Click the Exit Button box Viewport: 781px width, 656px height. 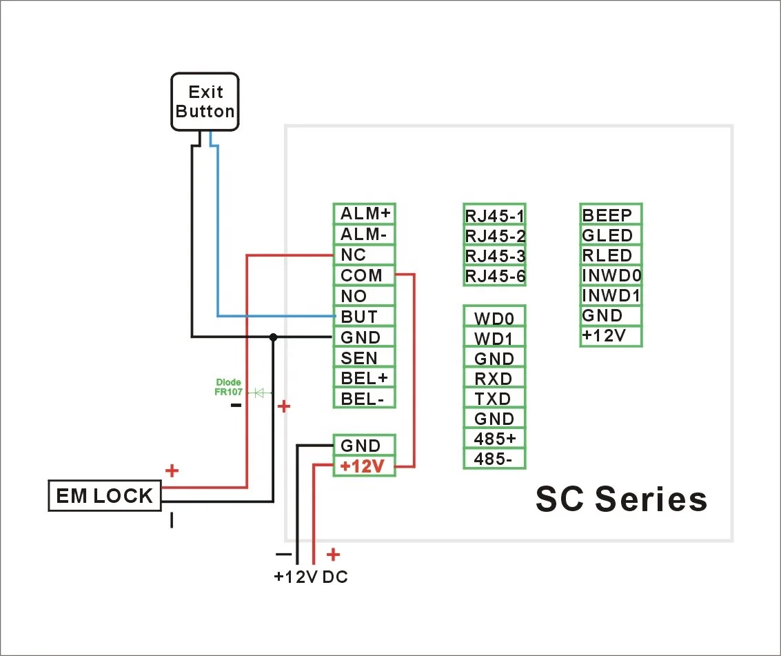click(205, 101)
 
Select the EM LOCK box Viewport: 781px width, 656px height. click(104, 496)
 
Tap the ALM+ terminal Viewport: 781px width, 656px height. click(364, 214)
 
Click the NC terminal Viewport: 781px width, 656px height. click(364, 255)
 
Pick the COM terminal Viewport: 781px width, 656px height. click(364, 276)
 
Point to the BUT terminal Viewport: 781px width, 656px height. click(364, 317)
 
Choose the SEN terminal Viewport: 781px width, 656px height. click(364, 357)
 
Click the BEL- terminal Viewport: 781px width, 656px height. click(364, 398)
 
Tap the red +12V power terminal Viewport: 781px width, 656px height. click(364, 466)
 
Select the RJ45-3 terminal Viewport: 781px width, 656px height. click(495, 257)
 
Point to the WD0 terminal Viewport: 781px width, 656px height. click(494, 318)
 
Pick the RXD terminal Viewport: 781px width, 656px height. click(494, 379)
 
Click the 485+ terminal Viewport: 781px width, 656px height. click(494, 439)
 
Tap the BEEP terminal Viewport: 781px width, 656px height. click(611, 215)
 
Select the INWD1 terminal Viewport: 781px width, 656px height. click(611, 296)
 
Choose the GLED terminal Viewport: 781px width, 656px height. click(611, 235)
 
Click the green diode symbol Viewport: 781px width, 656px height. click(260, 392)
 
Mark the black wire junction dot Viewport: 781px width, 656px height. click(274, 337)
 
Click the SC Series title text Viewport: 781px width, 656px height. click(621, 499)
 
